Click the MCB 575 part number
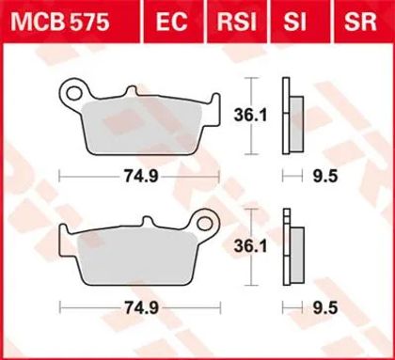pos(60,22)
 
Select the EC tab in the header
pos(171,22)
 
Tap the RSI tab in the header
pos(237,22)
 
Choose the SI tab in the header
pos(294,22)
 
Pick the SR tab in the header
pos(360,22)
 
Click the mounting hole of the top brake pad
pos(72,93)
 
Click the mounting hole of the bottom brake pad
pos(205,224)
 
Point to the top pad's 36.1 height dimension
pos(250,116)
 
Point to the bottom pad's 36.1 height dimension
pos(250,246)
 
